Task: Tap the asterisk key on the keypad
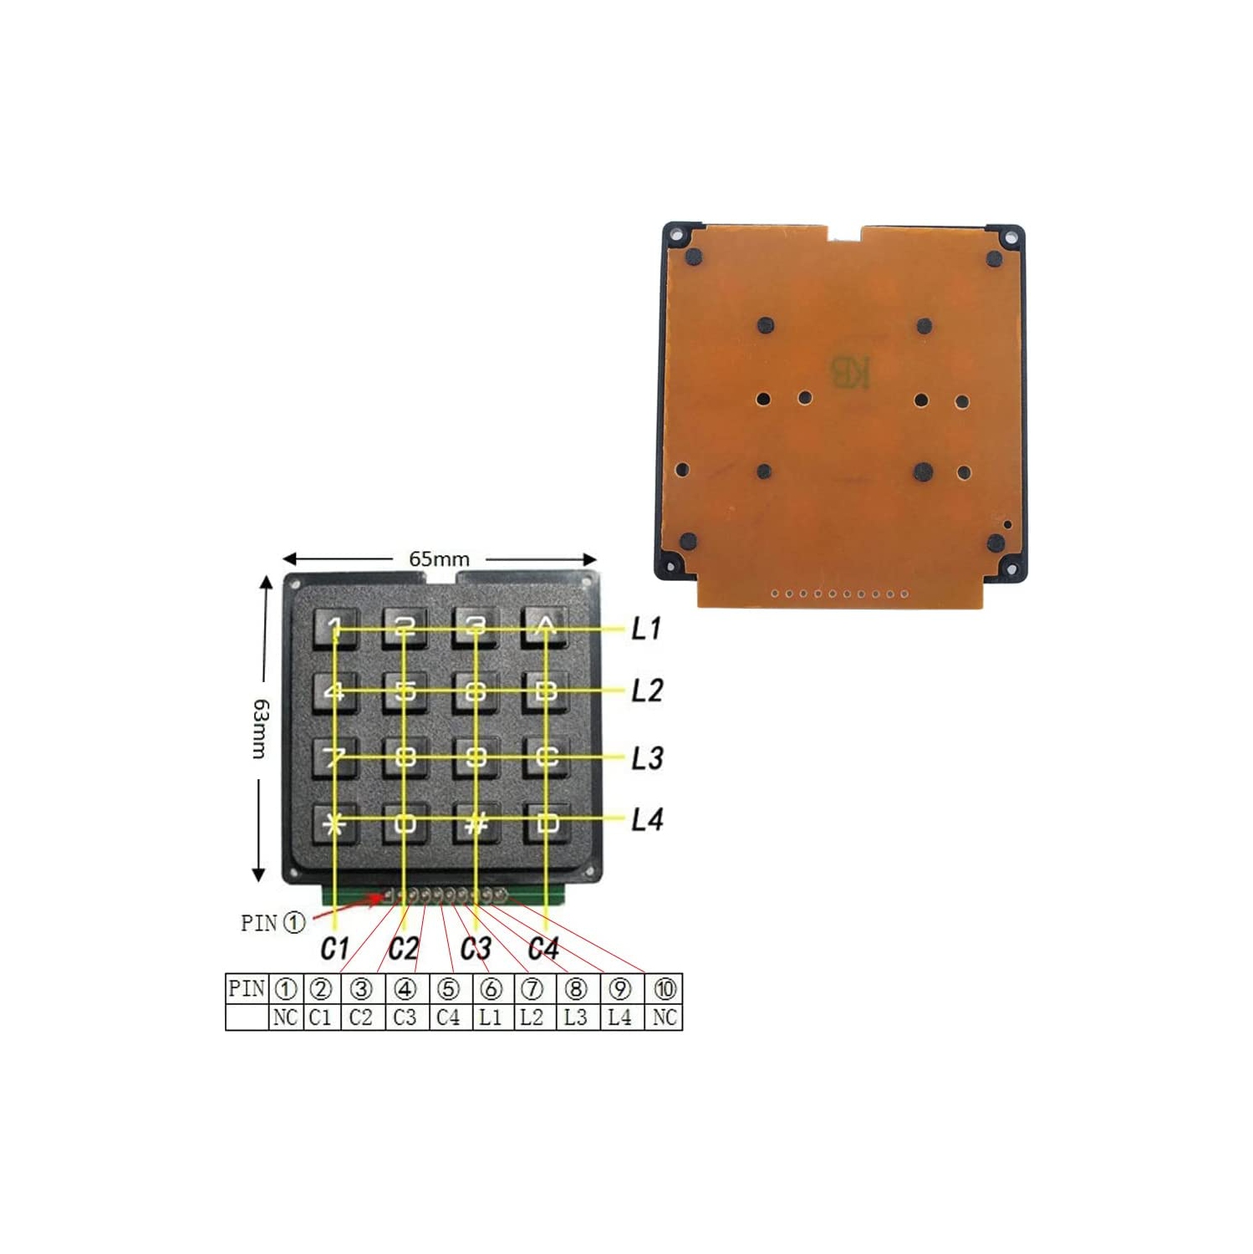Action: click(x=335, y=824)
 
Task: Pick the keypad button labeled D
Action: click(x=546, y=824)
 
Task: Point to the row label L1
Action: click(x=646, y=628)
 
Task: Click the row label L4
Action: click(x=646, y=819)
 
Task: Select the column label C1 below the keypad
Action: click(x=334, y=949)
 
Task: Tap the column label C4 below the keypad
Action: click(x=543, y=949)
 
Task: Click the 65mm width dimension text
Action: click(x=439, y=559)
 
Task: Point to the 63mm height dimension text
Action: click(x=261, y=729)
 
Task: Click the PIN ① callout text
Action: click(x=273, y=923)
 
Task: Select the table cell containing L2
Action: click(x=532, y=1017)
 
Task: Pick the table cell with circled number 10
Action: click(x=665, y=989)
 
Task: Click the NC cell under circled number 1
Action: click(x=285, y=1017)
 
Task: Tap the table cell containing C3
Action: click(x=405, y=1017)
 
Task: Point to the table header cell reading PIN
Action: click(x=247, y=989)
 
